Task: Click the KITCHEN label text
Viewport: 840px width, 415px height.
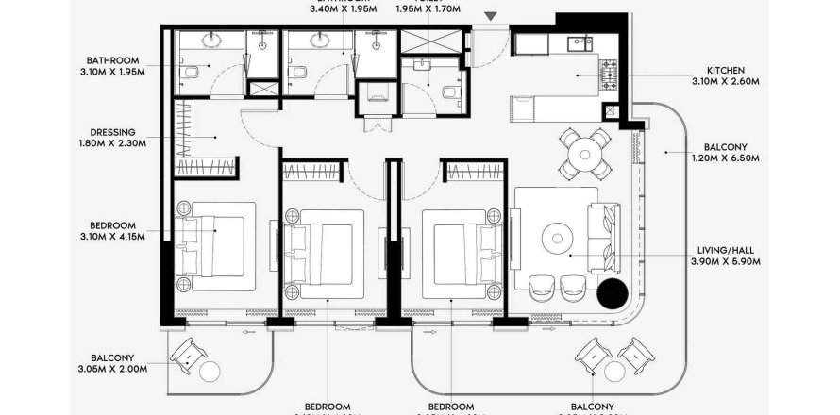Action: (x=726, y=69)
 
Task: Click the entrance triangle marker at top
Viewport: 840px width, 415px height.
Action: (x=490, y=16)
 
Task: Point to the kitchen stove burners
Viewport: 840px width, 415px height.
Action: (x=609, y=70)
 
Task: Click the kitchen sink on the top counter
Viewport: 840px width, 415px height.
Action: (x=575, y=42)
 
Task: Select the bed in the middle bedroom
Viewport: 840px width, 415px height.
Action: (x=324, y=250)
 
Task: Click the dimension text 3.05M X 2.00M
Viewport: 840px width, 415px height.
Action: (x=119, y=370)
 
